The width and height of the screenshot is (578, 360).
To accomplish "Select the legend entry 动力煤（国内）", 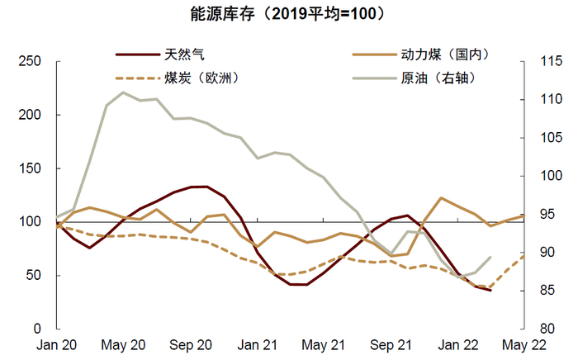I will point(447,54).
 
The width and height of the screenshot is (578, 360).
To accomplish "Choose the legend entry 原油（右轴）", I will point(437,78).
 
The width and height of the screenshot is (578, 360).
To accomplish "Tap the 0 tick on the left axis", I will point(36,329).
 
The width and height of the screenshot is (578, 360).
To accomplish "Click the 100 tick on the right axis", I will point(543,176).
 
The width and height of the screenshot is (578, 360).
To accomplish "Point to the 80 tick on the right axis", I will point(540,329).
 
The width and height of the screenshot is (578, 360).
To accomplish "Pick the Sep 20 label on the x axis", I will point(192,344).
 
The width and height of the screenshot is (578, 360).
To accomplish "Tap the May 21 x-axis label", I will point(323,344).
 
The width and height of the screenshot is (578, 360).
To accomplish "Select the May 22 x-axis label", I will point(523,344).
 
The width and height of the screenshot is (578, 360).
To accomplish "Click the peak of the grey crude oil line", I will point(123,92).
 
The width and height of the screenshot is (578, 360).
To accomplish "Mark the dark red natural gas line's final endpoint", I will point(490,291).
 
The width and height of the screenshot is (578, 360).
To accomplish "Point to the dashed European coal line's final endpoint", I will point(524,256).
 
